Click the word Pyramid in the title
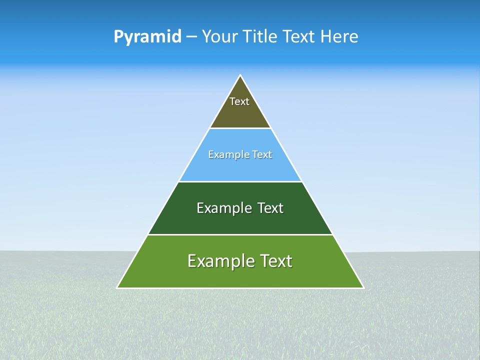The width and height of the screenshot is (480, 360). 147,37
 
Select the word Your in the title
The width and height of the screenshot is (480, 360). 221,37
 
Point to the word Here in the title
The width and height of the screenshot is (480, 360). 339,37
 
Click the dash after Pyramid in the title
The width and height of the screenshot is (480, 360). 191,37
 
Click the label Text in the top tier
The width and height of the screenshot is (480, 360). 239,101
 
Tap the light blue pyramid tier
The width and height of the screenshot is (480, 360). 240,167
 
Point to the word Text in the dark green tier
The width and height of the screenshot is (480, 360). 271,208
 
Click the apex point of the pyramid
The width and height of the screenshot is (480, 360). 240,75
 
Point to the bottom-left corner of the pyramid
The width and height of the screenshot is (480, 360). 117,287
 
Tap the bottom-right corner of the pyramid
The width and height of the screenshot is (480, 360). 363,287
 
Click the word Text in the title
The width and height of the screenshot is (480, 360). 299,37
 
